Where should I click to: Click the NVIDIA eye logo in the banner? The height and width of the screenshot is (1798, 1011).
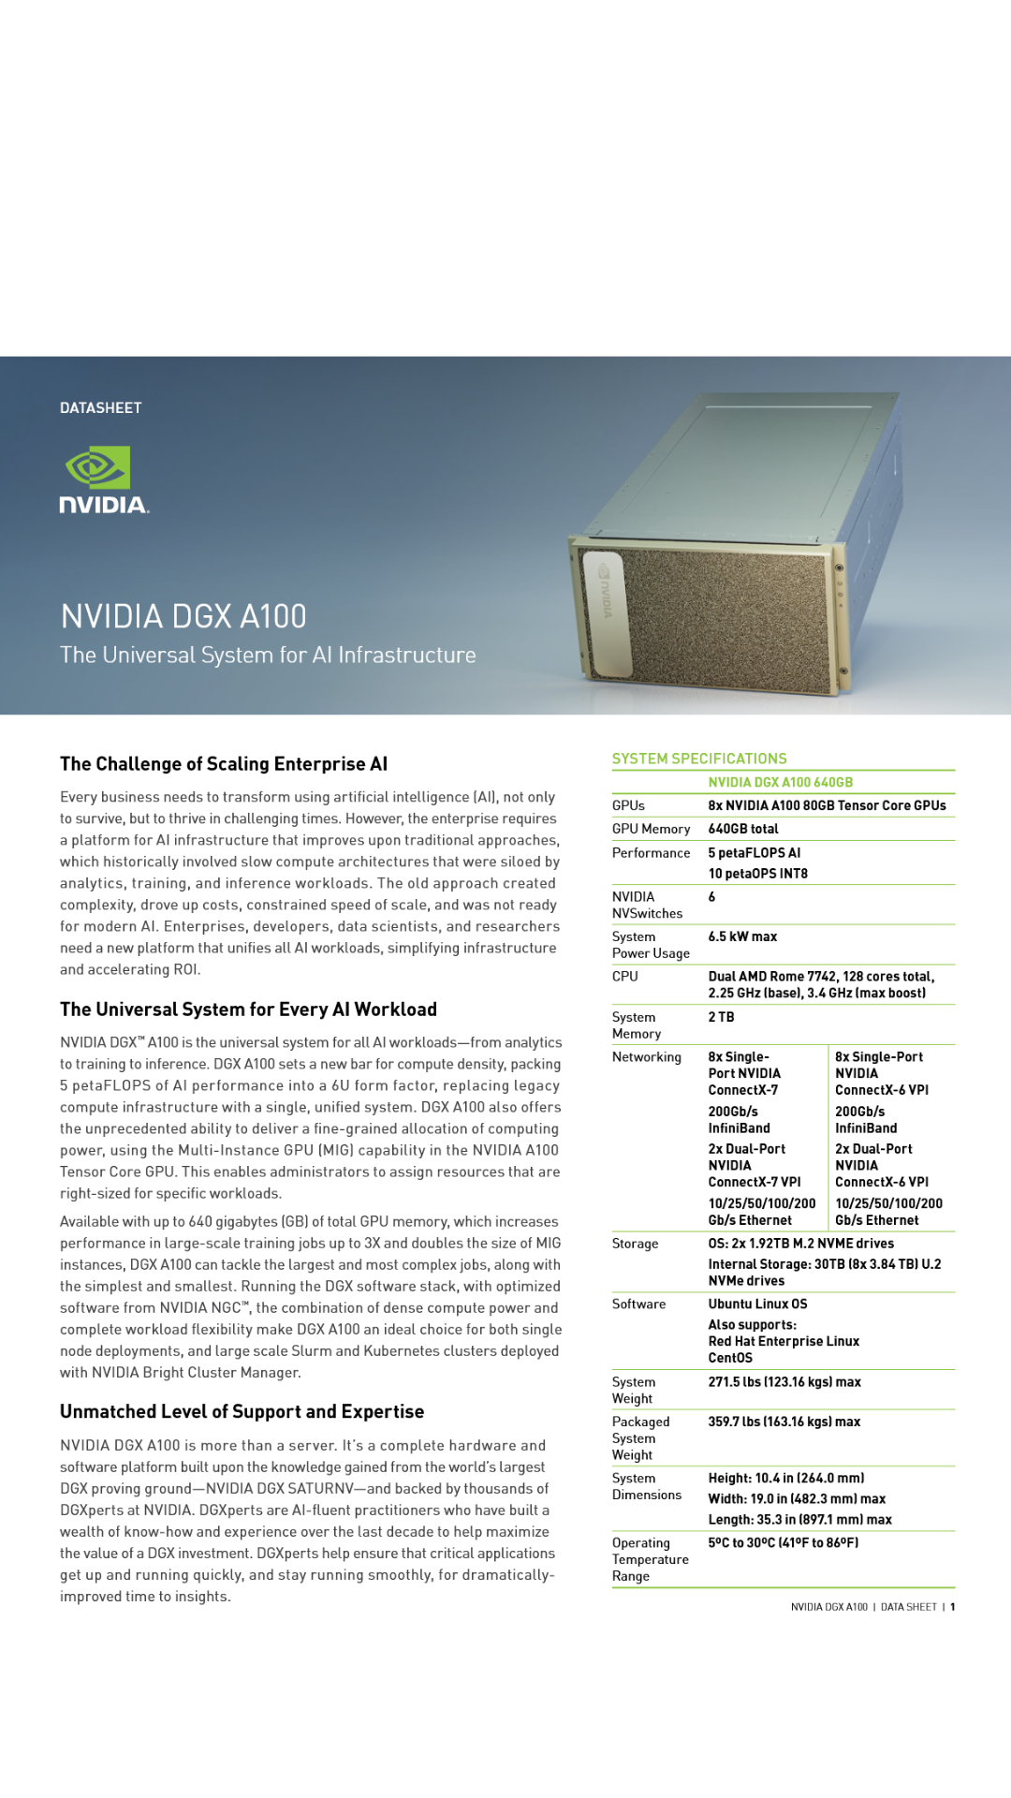pyautogui.click(x=97, y=467)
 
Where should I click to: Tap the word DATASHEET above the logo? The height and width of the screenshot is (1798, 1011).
pyautogui.click(x=101, y=408)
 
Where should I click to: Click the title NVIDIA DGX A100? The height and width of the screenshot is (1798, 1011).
pyautogui.click(x=183, y=616)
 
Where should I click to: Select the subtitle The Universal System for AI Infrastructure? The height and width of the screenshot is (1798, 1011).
pyautogui.click(x=268, y=656)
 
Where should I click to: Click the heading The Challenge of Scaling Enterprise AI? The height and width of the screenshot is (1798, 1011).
pyautogui.click(x=224, y=764)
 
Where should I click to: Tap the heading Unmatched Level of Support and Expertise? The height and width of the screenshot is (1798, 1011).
pyautogui.click(x=242, y=1412)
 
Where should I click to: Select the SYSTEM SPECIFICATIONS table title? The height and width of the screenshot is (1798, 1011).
pyautogui.click(x=699, y=759)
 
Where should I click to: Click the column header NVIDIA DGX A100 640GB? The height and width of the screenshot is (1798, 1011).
pyautogui.click(x=781, y=782)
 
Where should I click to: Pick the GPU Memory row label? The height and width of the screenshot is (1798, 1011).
pyautogui.click(x=651, y=829)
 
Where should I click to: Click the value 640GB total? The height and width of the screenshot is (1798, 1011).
pyautogui.click(x=743, y=829)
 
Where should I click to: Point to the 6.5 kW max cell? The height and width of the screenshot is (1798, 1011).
pyautogui.click(x=742, y=936)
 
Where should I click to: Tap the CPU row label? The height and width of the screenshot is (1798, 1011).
pyautogui.click(x=625, y=976)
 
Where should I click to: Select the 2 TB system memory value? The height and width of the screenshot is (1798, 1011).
pyautogui.click(x=721, y=1017)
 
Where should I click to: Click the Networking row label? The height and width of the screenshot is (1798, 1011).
pyautogui.click(x=647, y=1056)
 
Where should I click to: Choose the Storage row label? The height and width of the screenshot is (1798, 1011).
pyautogui.click(x=635, y=1244)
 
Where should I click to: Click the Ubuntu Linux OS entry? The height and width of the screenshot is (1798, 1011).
pyautogui.click(x=757, y=1304)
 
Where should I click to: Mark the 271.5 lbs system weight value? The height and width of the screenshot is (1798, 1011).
pyautogui.click(x=784, y=1382)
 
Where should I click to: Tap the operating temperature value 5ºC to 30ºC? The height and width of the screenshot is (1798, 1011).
pyautogui.click(x=784, y=1542)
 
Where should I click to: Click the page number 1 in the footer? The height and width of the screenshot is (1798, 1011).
pyautogui.click(x=953, y=1607)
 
